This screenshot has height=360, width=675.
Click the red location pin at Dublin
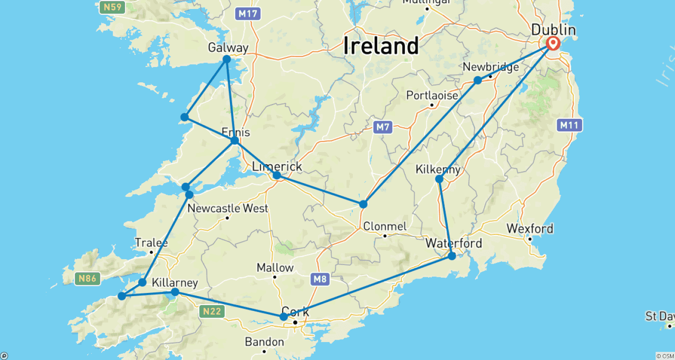pos(553,43)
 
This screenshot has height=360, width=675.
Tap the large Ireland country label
pos(381,45)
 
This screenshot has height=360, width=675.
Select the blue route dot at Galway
pos(227,59)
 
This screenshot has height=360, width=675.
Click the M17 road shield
pos(247,14)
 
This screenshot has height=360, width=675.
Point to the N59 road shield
pos(112,7)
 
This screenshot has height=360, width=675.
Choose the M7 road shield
pos(382,127)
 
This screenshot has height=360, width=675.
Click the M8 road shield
pos(320,279)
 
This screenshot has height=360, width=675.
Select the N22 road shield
pos(211,310)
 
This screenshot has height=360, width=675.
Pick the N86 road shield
pos(87,279)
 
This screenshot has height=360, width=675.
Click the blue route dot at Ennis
pos(234,141)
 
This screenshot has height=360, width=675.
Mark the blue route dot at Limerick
pos(277,175)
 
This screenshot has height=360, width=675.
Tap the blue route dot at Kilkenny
pos(439,179)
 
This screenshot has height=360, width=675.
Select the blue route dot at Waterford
pos(452,256)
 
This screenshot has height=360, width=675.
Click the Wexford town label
pos(530,229)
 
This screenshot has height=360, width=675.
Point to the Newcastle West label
pos(227,208)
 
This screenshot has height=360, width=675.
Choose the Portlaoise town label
pos(432,95)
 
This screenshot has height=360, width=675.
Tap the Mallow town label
pos(275,268)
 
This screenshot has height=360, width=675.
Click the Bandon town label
pos(264,342)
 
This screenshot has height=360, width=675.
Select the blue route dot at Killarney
pos(175,292)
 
